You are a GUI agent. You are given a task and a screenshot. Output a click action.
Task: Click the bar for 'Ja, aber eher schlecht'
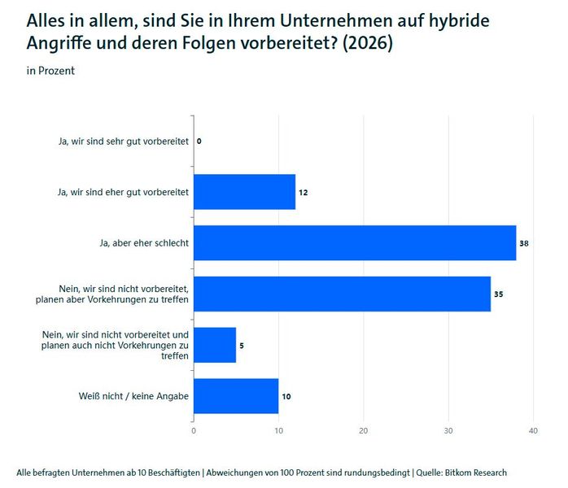click(x=355, y=243)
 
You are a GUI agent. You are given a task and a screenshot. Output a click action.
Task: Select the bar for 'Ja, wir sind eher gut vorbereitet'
click(x=244, y=192)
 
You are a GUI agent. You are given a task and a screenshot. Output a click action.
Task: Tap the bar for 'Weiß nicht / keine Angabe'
click(x=236, y=396)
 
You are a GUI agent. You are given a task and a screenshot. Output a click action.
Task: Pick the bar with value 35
click(x=342, y=294)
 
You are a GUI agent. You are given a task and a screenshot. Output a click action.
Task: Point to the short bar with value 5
click(x=215, y=345)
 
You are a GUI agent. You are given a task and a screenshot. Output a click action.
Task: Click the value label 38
click(x=524, y=243)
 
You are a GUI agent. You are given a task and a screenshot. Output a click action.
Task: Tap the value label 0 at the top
click(x=199, y=142)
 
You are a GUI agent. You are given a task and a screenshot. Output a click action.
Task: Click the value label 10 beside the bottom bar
click(x=287, y=396)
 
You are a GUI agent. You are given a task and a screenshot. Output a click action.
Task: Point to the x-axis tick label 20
click(x=364, y=431)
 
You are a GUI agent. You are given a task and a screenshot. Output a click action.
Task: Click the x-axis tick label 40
click(x=533, y=431)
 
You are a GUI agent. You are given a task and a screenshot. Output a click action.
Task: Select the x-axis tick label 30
click(x=448, y=431)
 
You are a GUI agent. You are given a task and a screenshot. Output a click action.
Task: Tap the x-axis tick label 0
click(x=194, y=431)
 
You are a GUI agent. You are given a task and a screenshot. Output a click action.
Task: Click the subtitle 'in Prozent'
click(x=50, y=71)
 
